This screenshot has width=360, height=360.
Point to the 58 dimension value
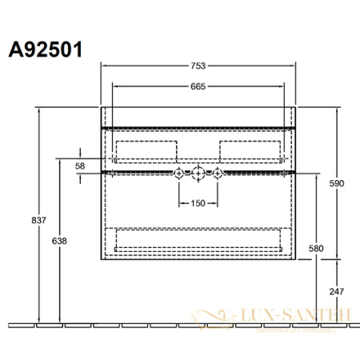pos(80,165)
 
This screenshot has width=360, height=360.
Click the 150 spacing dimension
pos(198,202)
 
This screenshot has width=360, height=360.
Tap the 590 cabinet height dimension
pos(337,184)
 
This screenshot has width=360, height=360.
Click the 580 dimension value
pos(315,248)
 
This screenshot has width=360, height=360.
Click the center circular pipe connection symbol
pos(198,173)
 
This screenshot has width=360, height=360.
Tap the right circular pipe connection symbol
pos(217,173)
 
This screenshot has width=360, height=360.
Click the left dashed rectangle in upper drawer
pos(146,151)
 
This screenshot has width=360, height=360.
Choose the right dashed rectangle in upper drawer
pos(250,151)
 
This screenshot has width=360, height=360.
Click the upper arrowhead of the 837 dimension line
pos(37,110)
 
